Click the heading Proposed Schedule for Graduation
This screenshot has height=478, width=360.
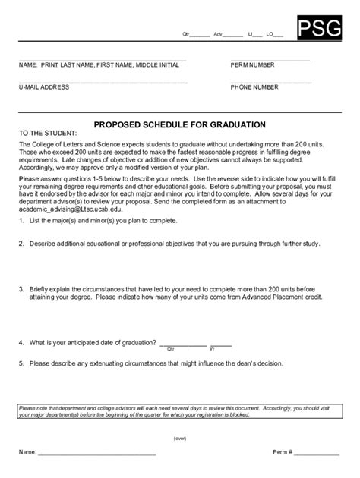point(179,124)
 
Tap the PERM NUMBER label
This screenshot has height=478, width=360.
point(253,65)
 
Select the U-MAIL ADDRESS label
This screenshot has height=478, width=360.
point(44,87)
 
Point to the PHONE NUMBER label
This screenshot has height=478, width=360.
point(254,87)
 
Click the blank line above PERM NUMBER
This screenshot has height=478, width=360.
point(270,59)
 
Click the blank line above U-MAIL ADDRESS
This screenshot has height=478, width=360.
point(103,81)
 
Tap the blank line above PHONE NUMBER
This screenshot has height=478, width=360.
point(270,81)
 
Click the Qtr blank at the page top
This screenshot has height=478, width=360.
point(200,36)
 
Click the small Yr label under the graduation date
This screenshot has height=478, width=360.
point(212,351)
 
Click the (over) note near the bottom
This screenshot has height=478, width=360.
point(180,437)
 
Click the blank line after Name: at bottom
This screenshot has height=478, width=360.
point(96,453)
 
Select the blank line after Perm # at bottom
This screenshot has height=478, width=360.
point(317,453)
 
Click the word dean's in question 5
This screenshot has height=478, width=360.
point(233,363)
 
